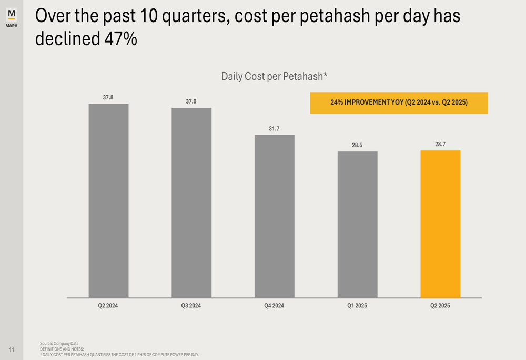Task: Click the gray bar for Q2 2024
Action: tap(108, 201)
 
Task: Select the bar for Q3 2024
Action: tap(191, 203)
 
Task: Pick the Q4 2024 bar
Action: tap(275, 216)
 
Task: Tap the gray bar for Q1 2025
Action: tap(357, 224)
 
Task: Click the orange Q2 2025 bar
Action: tap(440, 224)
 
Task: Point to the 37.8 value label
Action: tap(108, 97)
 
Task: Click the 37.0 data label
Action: tap(191, 101)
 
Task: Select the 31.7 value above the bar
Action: tap(274, 128)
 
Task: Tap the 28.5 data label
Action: tap(357, 145)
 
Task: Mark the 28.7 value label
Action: tap(440, 144)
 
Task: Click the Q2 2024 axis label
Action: tap(108, 306)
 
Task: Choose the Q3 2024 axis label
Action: tap(191, 306)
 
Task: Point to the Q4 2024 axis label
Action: tap(274, 306)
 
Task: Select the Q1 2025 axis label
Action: tap(357, 306)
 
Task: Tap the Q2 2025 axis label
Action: tap(440, 306)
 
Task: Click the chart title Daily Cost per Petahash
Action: tap(274, 77)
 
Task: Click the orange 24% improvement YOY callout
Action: tap(399, 103)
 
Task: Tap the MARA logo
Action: tap(12, 17)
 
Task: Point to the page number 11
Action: tap(12, 350)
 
